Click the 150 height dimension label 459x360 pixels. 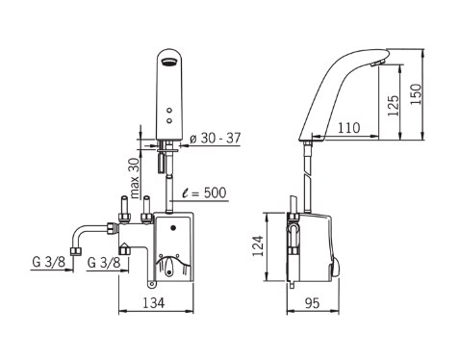(416, 93)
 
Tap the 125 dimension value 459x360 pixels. (393, 106)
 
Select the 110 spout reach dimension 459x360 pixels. (349, 128)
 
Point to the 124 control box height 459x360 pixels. (258, 245)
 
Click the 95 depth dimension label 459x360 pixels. (312, 303)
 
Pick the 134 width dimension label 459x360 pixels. (153, 302)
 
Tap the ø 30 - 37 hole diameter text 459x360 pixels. (215, 139)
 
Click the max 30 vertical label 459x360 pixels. (135, 178)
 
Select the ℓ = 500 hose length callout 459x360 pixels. (204, 193)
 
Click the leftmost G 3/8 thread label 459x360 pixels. (48, 262)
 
